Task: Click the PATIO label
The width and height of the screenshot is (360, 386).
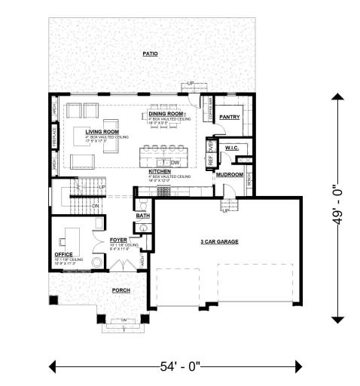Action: click(x=149, y=54)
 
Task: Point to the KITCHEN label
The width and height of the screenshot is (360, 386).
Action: click(x=159, y=172)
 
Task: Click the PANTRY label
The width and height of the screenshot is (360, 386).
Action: click(x=228, y=118)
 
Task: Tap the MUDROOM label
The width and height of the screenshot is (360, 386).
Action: click(x=229, y=174)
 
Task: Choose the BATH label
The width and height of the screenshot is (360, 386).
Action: click(x=142, y=216)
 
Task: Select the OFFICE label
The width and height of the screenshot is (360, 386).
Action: click(x=63, y=254)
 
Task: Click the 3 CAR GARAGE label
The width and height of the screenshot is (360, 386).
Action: click(x=219, y=241)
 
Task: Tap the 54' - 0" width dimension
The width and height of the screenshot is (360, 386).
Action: click(x=178, y=367)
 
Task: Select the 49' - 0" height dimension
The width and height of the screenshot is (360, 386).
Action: click(x=343, y=204)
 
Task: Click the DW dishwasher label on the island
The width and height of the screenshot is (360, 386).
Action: click(x=173, y=162)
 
